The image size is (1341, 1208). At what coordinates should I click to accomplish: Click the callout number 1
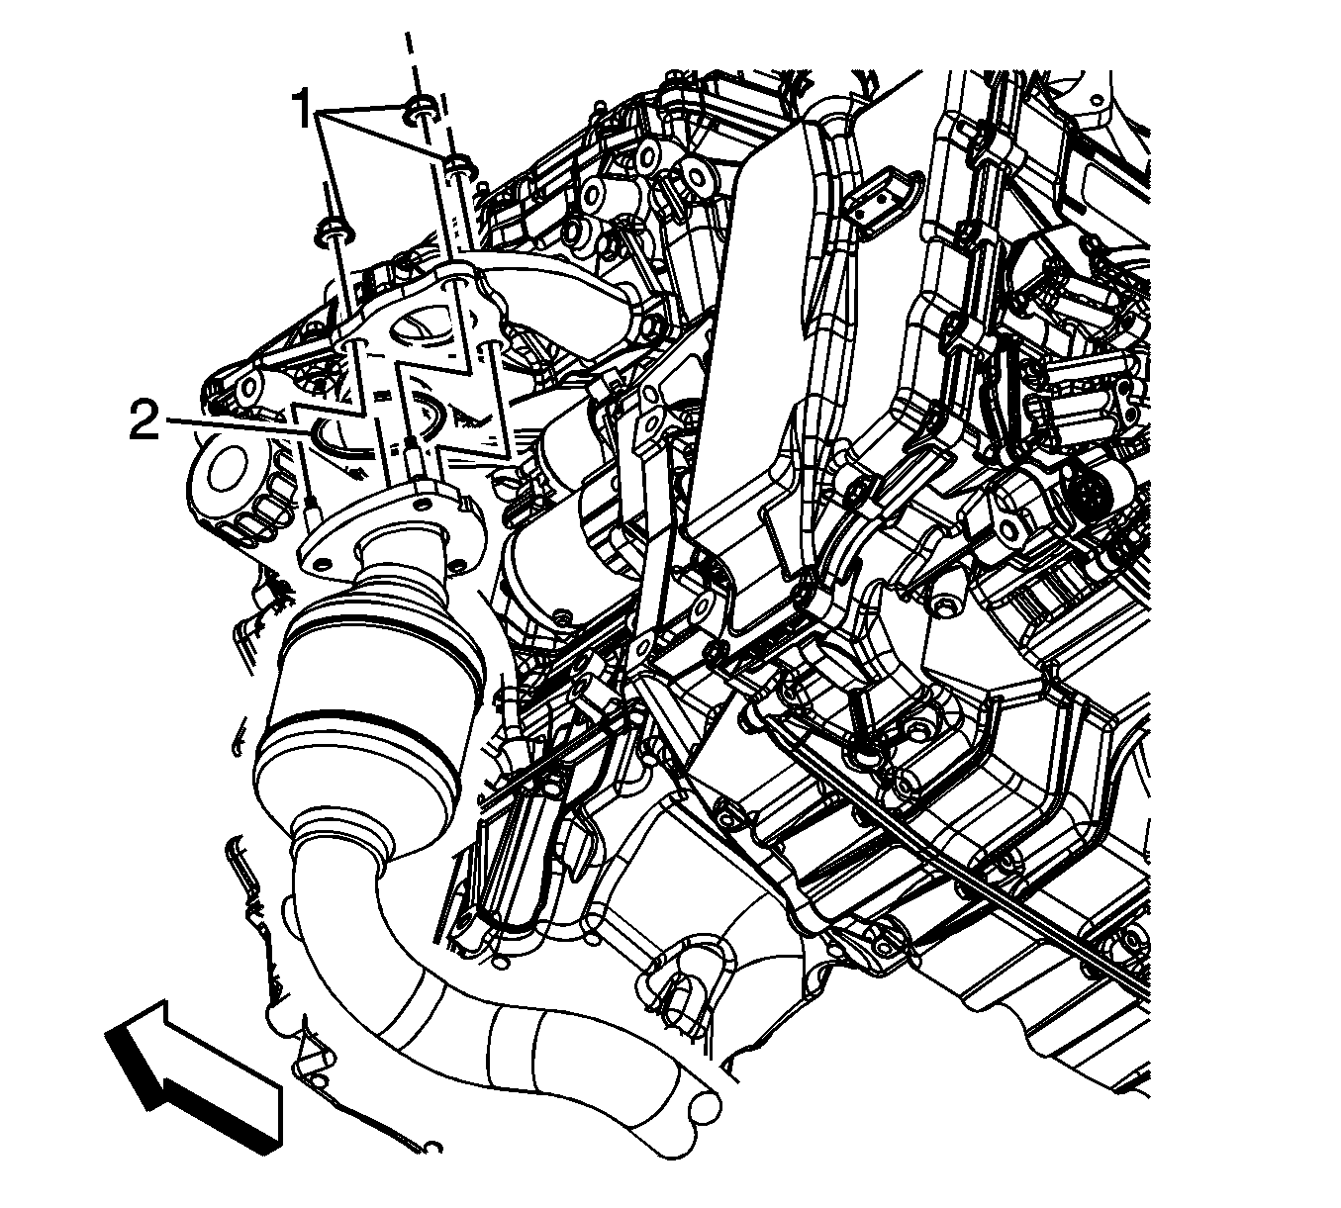[303, 110]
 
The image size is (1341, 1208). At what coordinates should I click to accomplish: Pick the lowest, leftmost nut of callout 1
[335, 230]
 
